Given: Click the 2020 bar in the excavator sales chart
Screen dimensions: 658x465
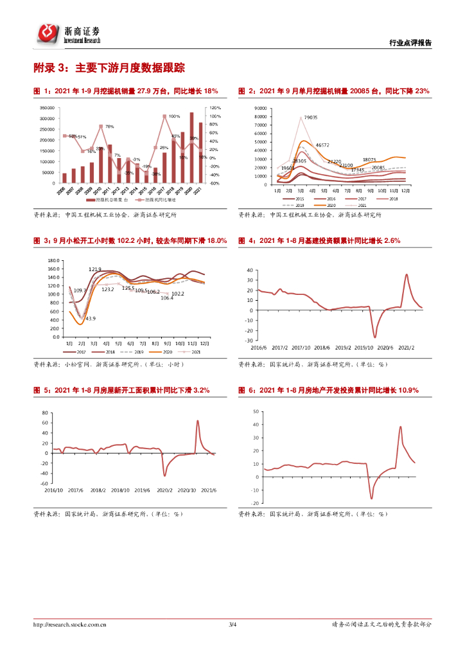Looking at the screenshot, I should click(191, 148).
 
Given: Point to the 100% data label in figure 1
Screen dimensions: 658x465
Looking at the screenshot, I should click(175, 116).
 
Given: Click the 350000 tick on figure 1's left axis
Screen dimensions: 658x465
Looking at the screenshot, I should click(47, 108).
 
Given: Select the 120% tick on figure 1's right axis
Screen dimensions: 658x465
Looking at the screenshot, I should click(215, 108).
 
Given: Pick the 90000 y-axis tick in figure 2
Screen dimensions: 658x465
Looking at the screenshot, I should click(262, 109).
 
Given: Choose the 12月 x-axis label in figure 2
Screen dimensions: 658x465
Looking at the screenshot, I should click(405, 191).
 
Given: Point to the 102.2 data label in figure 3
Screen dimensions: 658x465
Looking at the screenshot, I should click(178, 294).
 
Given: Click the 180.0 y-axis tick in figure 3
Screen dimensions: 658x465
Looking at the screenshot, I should click(54, 260).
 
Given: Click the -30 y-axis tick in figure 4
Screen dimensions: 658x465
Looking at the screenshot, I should click(250, 341).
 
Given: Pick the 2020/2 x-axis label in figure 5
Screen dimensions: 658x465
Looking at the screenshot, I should click(166, 490).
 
